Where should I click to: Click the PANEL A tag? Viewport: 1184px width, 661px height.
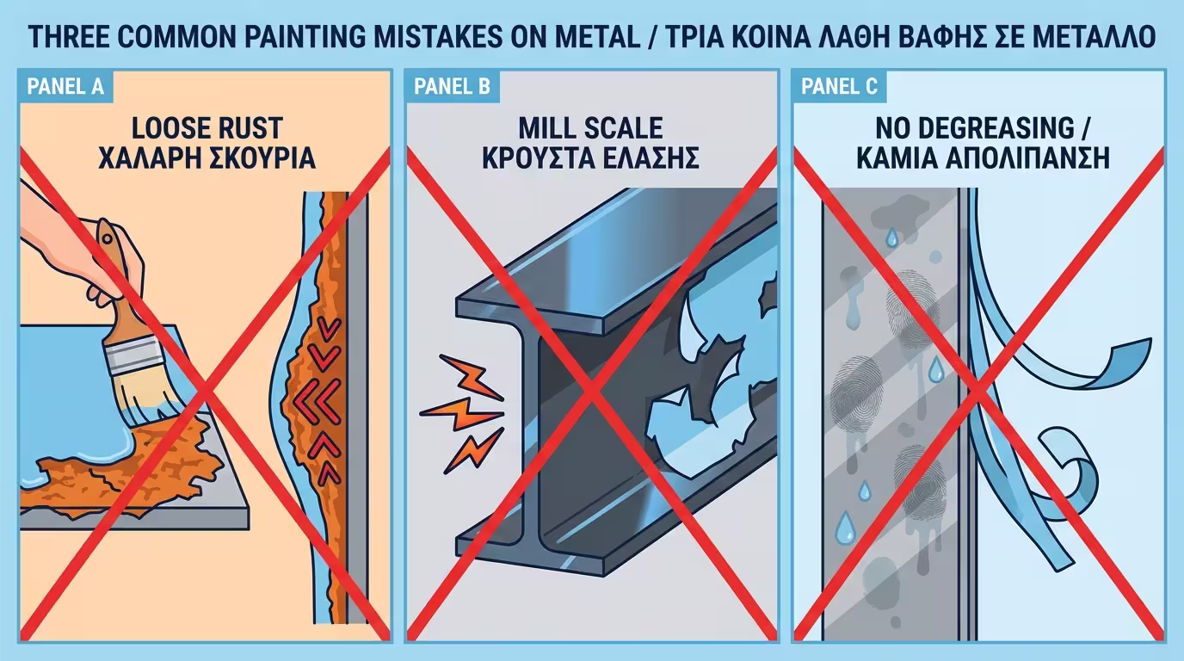[65, 86]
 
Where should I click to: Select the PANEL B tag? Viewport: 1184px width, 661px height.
[453, 86]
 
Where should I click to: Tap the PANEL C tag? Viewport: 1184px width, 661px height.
[839, 86]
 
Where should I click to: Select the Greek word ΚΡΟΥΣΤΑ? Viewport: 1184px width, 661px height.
[540, 158]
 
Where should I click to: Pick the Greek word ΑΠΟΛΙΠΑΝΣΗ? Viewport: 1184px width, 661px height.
[1027, 158]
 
